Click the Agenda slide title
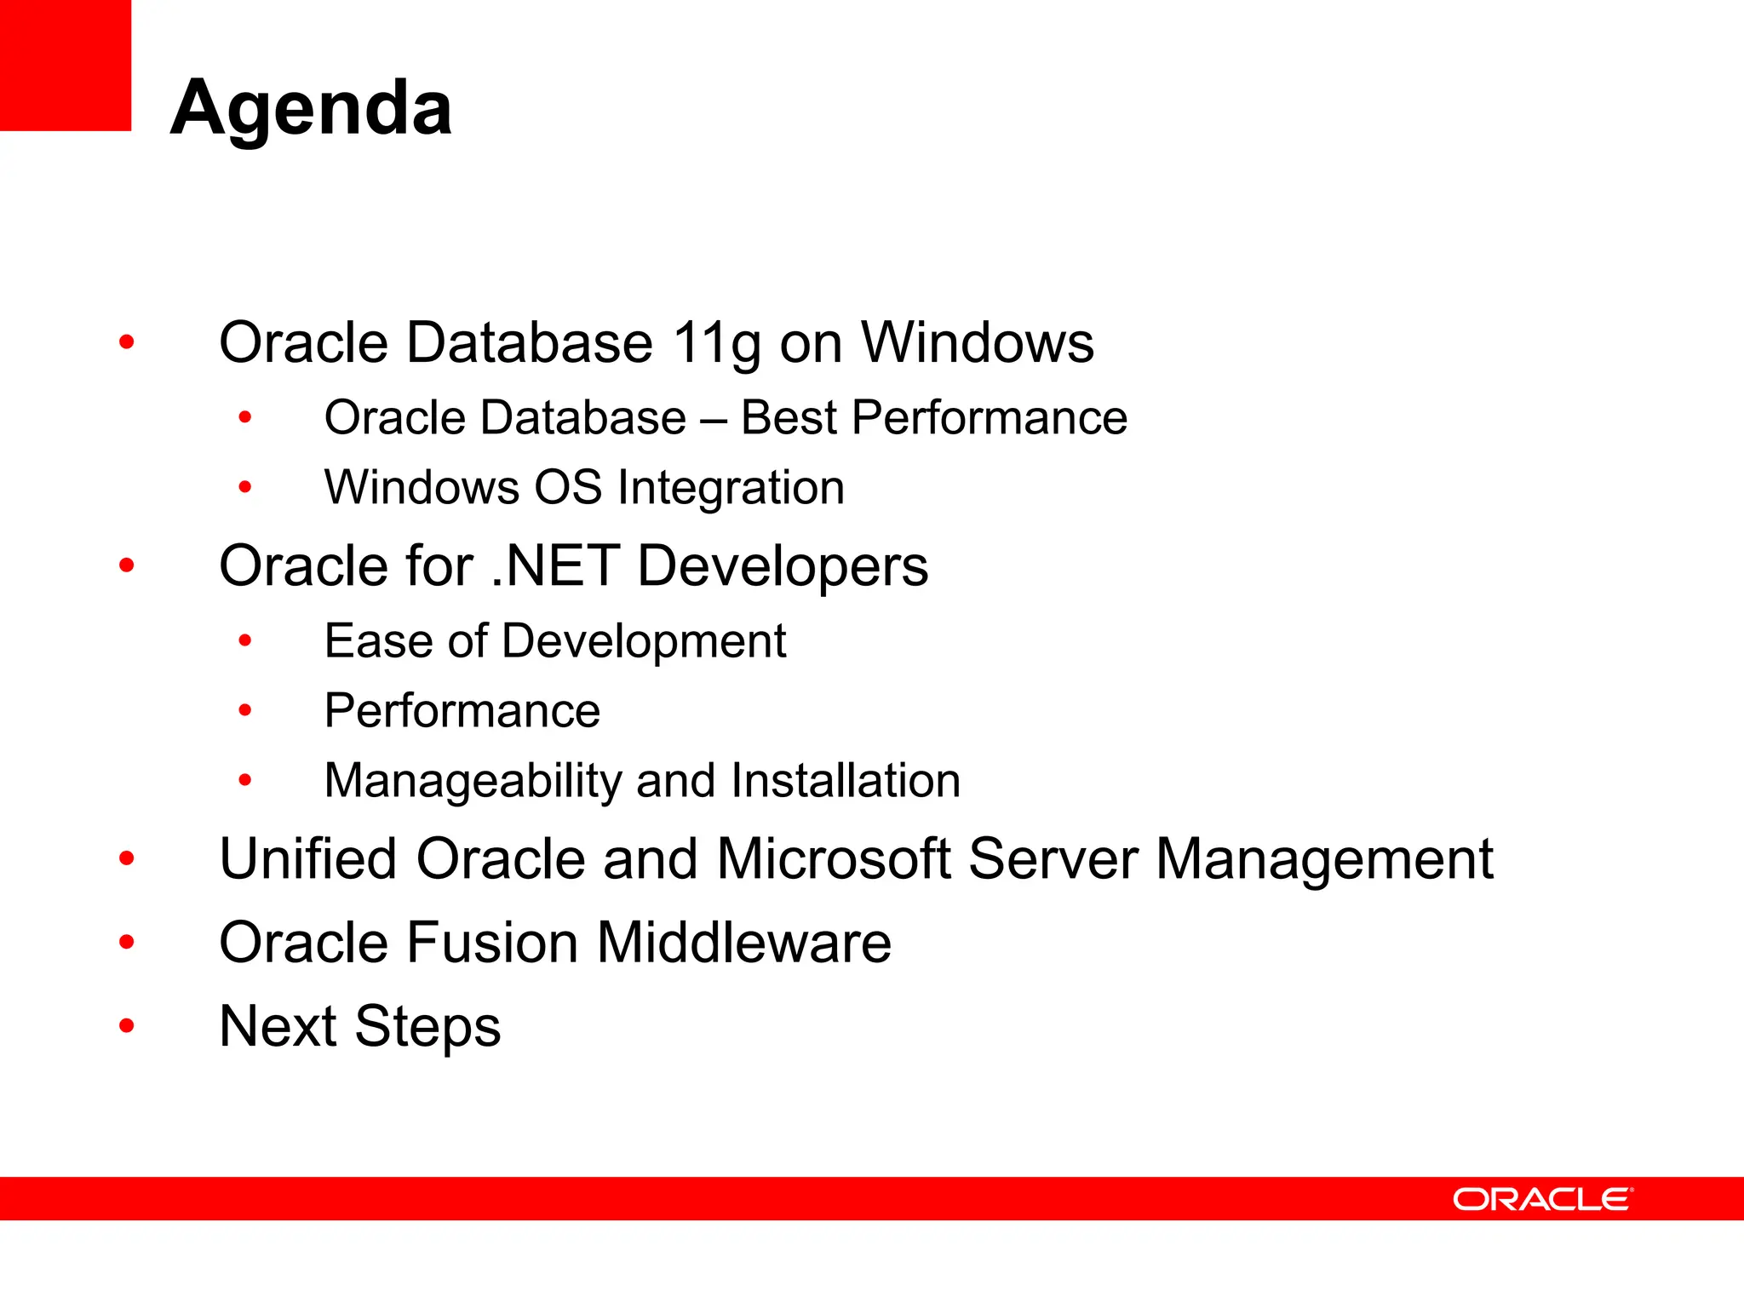click(x=311, y=108)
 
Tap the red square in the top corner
click(x=65, y=65)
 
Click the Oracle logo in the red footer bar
click(x=1542, y=1199)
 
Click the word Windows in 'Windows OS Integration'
click(x=422, y=488)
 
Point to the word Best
click(x=789, y=418)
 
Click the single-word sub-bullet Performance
click(x=462, y=711)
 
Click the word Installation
click(x=846, y=781)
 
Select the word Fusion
click(x=491, y=943)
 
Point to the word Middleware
click(x=743, y=943)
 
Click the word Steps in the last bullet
click(x=427, y=1027)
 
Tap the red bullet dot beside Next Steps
click(x=127, y=1025)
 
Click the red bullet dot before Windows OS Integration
click(x=245, y=488)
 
